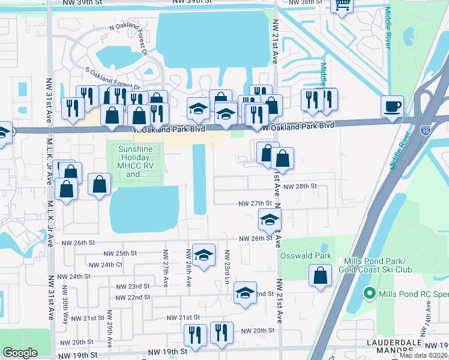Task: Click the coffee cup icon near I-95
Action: coord(392,107)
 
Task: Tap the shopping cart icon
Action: coord(343,5)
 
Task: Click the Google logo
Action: coord(20,353)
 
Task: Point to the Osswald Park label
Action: coord(306,256)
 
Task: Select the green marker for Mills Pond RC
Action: coord(370,294)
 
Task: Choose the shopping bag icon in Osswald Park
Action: coord(321,277)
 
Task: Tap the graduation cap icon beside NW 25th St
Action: coord(203,254)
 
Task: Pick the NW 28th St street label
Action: coord(300,187)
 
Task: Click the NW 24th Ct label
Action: coord(105,265)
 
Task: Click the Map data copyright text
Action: coord(424,355)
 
